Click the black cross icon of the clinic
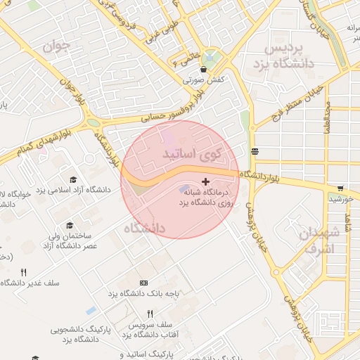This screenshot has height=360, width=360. coord(205,182)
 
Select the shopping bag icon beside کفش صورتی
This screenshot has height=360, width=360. coord(204,70)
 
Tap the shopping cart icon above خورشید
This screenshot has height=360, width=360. coord(340,188)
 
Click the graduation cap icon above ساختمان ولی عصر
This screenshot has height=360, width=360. coord(70,225)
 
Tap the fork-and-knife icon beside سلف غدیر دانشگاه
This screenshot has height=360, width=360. coord(23,272)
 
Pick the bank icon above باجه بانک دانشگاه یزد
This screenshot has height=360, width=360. coord(144,283)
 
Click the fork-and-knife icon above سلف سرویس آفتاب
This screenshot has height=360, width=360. coord(150,314)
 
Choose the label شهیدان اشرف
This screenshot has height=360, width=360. coord(320,240)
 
